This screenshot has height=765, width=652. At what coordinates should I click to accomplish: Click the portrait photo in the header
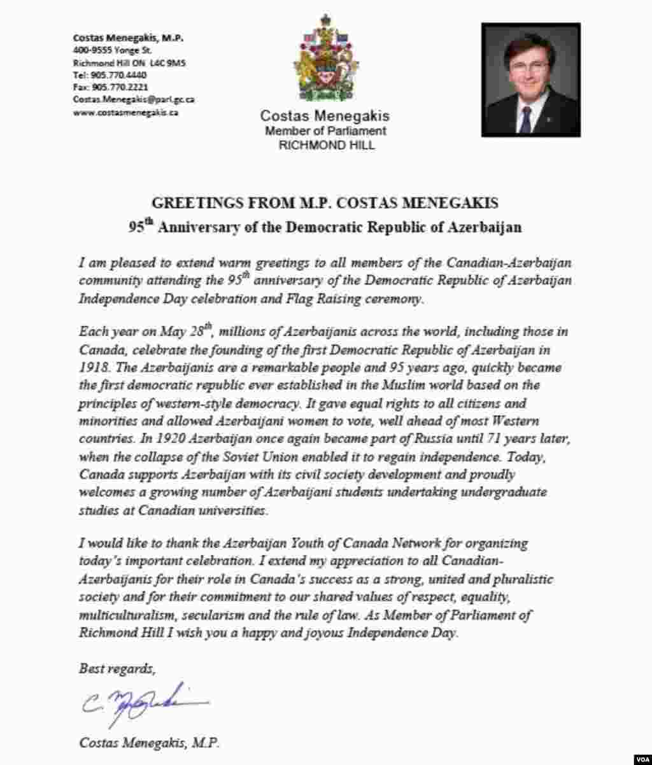(x=530, y=80)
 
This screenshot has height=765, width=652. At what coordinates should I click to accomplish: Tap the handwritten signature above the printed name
(x=144, y=703)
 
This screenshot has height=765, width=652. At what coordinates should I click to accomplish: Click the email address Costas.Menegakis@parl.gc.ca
(x=134, y=99)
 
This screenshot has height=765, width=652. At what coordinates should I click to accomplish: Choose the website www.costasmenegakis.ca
(x=125, y=112)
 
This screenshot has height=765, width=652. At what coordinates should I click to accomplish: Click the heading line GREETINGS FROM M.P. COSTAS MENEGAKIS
(x=325, y=203)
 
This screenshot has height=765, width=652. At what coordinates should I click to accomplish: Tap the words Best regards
(x=117, y=669)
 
